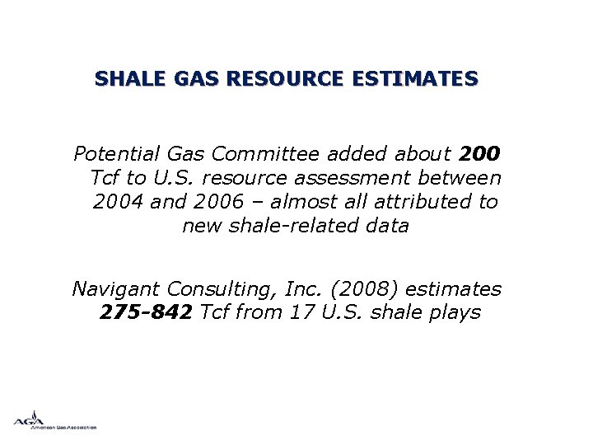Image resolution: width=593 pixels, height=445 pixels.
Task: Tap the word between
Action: (464, 178)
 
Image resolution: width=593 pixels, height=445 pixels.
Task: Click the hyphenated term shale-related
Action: (287, 226)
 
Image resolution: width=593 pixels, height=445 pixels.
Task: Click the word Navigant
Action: (116, 289)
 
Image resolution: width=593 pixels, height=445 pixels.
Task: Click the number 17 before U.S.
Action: (303, 313)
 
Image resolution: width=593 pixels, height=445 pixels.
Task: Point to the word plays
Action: (454, 313)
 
